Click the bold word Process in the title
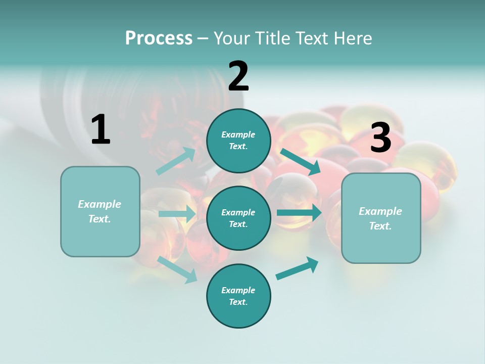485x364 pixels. pos(159,38)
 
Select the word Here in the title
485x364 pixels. pos(352,38)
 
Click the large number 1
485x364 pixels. pos(101,129)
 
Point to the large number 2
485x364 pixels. pos(238,76)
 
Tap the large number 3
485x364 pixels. pos(380,138)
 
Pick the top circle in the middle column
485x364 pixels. pos(238,141)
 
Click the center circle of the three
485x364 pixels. pos(238,218)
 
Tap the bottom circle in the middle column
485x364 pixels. pos(238,296)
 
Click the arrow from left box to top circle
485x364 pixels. pos(175,161)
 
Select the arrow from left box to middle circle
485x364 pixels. pos(177,214)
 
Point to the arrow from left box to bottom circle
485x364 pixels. pos(177,269)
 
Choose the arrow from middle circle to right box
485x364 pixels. pos(299,213)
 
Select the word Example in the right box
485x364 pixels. pos(380,211)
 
